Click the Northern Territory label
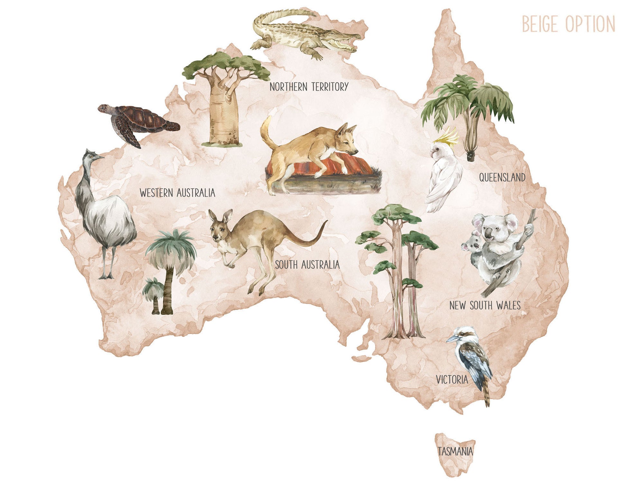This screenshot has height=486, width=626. coord(309,87)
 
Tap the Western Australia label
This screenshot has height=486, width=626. coord(177,193)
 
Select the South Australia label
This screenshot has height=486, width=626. coord(307,265)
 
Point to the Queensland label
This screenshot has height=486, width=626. coord(502,177)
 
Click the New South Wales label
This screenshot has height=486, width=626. coord(485,305)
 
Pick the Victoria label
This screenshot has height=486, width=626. coord(452,380)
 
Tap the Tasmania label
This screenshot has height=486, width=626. coord(456,452)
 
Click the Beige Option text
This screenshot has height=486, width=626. coord(568,24)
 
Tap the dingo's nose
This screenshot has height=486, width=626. coord(356,151)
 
